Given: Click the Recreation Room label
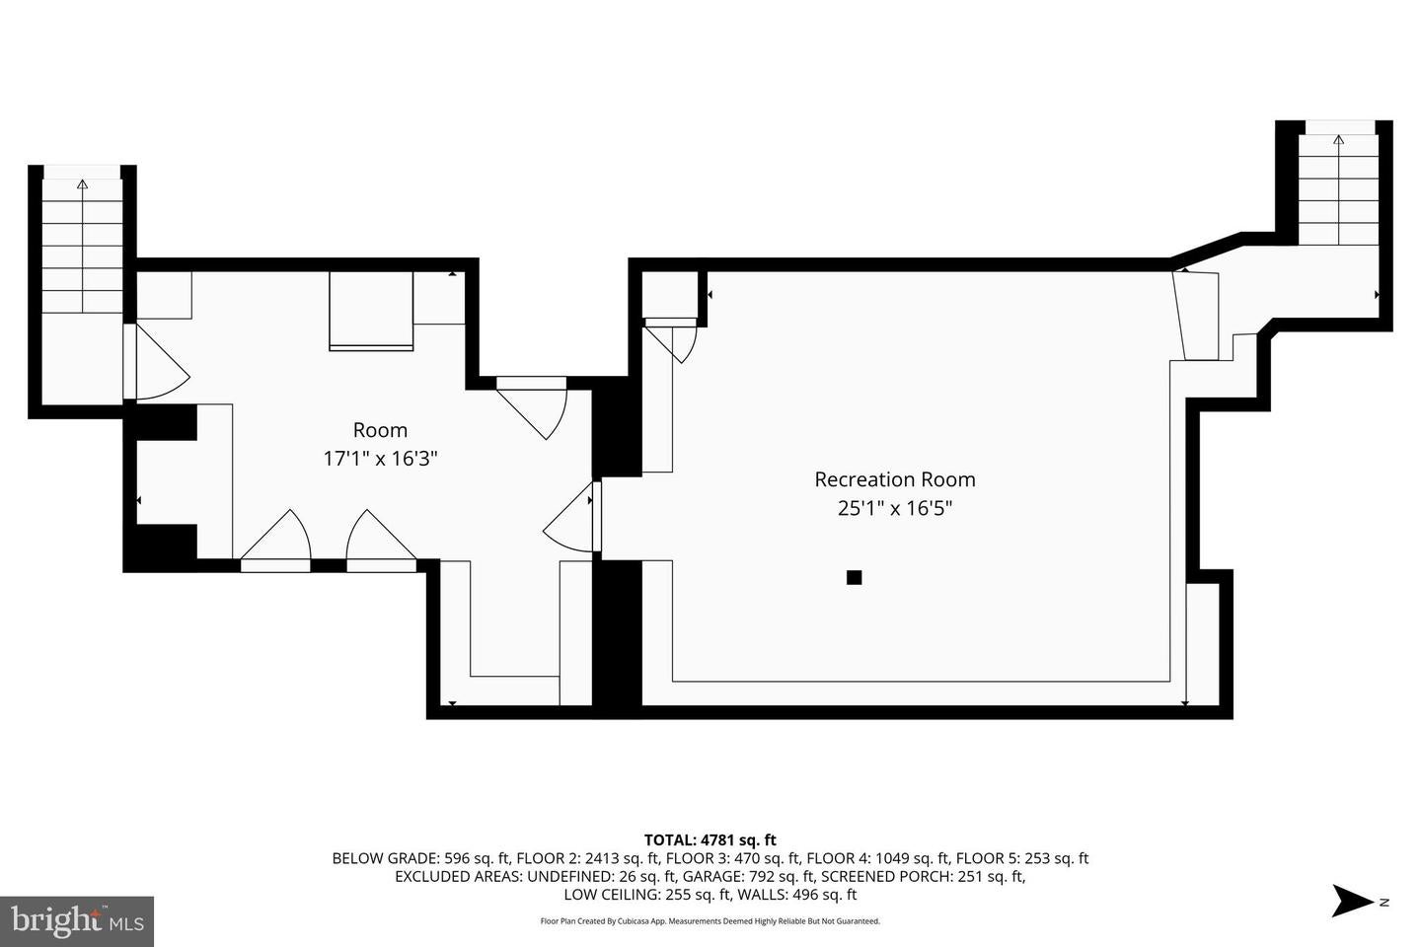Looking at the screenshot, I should [894, 479].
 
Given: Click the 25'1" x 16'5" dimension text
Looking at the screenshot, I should [894, 509].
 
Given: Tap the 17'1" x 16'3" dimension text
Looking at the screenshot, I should [380, 459].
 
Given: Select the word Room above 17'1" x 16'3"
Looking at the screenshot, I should [380, 430].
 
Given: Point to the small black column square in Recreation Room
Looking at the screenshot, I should [855, 577].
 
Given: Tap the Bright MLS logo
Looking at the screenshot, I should [77, 921].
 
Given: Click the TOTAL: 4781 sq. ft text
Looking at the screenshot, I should [710, 840].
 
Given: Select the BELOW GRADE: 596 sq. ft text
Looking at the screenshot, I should [420, 858].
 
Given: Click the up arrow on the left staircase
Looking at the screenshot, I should [82, 184].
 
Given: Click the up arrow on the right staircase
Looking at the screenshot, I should [1338, 140].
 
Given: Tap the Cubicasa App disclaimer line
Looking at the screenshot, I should [710, 921].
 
